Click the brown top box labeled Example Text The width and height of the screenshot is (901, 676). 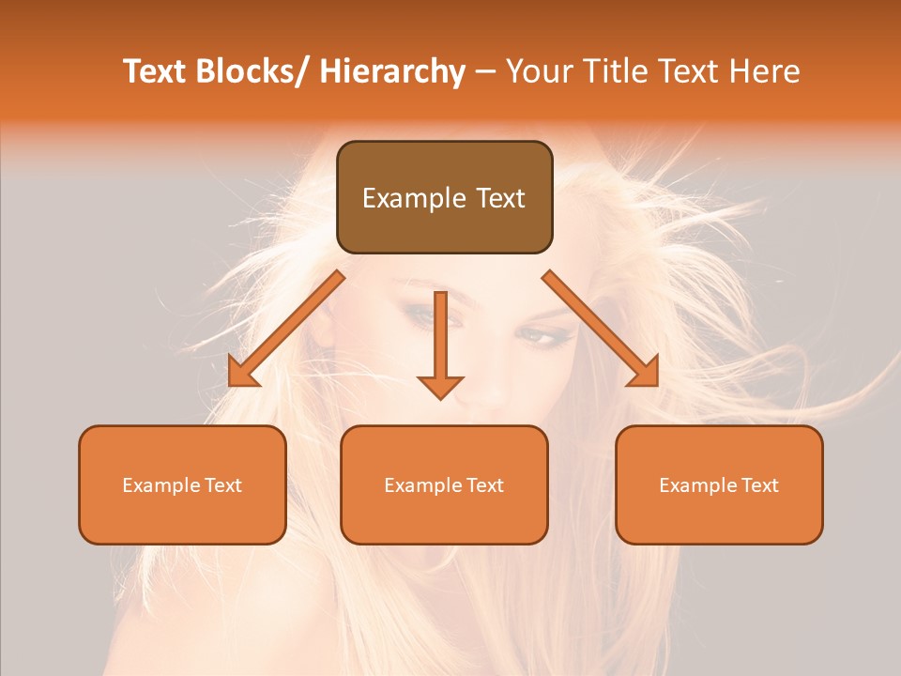[x=444, y=197]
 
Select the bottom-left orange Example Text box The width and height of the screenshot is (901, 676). [x=182, y=484]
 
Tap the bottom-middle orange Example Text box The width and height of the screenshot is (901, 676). [x=444, y=484]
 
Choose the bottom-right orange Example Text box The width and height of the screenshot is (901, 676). [x=719, y=484]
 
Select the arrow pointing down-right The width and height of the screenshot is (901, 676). [x=601, y=329]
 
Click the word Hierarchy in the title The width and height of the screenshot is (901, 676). [x=392, y=71]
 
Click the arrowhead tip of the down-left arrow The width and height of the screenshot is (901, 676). [x=231, y=384]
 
